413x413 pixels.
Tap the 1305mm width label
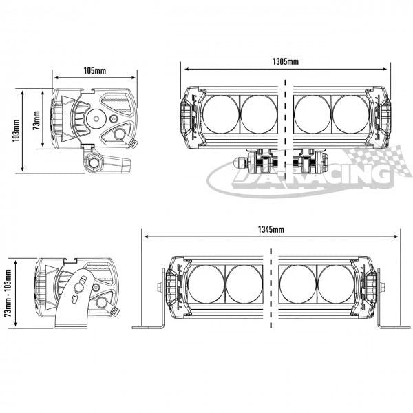(x=285, y=62)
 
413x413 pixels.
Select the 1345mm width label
(x=272, y=228)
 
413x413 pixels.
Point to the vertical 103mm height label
(x=15, y=131)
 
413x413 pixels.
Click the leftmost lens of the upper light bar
(x=221, y=112)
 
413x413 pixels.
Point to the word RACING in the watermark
(x=344, y=176)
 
